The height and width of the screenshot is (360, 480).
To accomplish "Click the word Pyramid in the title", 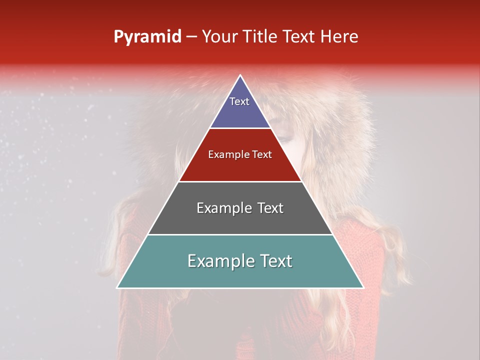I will pos(147,37).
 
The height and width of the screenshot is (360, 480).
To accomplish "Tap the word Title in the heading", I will pos(261,36).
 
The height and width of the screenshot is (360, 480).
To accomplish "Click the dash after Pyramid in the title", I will pos(191,37).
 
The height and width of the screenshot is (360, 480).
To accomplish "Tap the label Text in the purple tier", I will pos(239,101).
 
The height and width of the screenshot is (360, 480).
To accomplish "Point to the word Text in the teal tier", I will pos(275,261).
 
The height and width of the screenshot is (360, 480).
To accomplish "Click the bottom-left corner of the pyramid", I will pos(117,287).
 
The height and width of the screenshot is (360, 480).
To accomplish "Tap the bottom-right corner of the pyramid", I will pos(363,287).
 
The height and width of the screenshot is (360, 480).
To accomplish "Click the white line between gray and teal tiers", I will pos(240,234).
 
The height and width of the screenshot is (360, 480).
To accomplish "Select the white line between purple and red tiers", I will pos(240,128).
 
